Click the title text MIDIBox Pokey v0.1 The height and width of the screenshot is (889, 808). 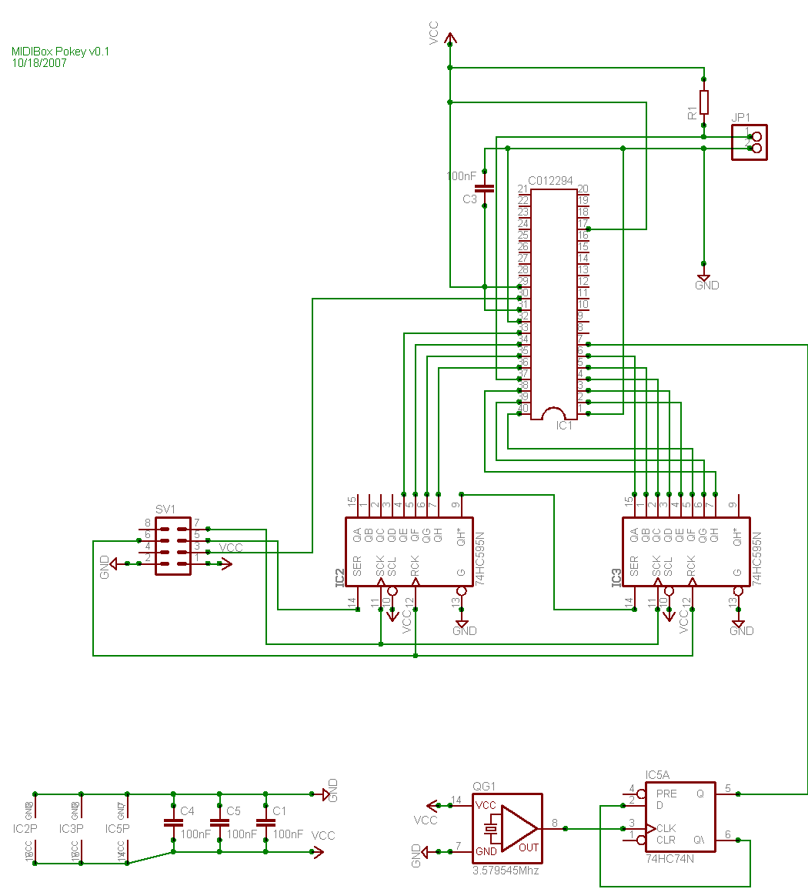pyautogui.click(x=61, y=52)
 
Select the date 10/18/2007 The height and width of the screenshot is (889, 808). pyautogui.click(x=39, y=63)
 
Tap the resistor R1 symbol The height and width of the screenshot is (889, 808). pyautogui.click(x=703, y=102)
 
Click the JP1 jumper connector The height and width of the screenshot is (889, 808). pyautogui.click(x=749, y=142)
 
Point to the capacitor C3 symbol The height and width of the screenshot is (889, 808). pyautogui.click(x=484, y=188)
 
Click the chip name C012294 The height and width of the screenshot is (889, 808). pyautogui.click(x=550, y=181)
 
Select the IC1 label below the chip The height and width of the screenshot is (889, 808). pyautogui.click(x=564, y=425)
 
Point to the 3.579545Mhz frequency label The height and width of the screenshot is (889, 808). pyautogui.click(x=506, y=871)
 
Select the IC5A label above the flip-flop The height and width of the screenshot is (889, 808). pyautogui.click(x=657, y=774)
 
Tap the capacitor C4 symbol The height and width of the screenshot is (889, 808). pyautogui.click(x=173, y=823)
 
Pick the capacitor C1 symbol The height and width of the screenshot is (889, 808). pyautogui.click(x=265, y=823)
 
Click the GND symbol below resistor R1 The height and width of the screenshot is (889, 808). pyautogui.click(x=703, y=278)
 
